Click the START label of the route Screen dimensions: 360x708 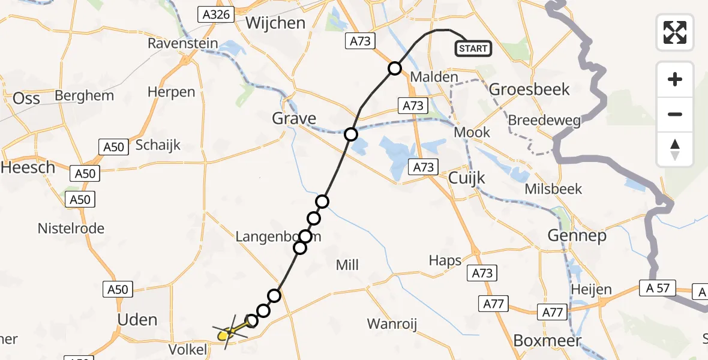[473, 49]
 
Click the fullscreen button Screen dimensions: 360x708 [675, 32]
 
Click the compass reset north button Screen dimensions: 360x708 [675, 149]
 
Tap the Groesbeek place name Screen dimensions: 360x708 [529, 89]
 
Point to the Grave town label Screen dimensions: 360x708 [294, 118]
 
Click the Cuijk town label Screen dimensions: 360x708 [467, 178]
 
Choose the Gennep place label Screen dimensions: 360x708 [577, 236]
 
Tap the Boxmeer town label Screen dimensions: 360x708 [548, 341]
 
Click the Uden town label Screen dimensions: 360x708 [137, 319]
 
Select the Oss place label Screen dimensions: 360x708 [26, 98]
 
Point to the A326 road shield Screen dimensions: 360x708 [215, 14]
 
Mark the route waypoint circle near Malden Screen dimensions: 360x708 [394, 68]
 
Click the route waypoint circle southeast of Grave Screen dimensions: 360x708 [350, 134]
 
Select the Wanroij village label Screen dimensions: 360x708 [392, 324]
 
